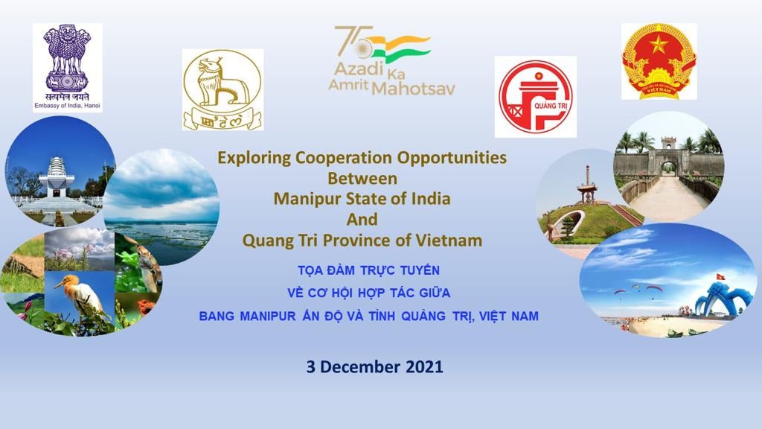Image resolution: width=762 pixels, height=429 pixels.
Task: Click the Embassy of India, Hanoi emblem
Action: point(68,68)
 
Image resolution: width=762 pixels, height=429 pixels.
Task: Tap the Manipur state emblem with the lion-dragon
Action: point(222,89)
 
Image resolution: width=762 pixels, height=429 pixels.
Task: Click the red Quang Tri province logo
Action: point(536,97)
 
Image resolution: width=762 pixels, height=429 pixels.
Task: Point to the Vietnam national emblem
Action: point(659,61)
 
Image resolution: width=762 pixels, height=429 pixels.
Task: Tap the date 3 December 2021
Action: point(375,366)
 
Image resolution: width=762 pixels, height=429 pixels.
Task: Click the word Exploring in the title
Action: point(254,158)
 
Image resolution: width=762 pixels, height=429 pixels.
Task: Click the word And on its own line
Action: point(362,220)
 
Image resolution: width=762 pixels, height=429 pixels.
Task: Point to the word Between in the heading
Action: point(362,179)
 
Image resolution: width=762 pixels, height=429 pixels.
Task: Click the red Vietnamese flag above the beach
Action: point(720,277)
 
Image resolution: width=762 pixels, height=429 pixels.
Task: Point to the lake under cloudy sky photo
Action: point(161,207)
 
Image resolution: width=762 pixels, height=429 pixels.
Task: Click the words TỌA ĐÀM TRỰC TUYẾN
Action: point(368,270)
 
